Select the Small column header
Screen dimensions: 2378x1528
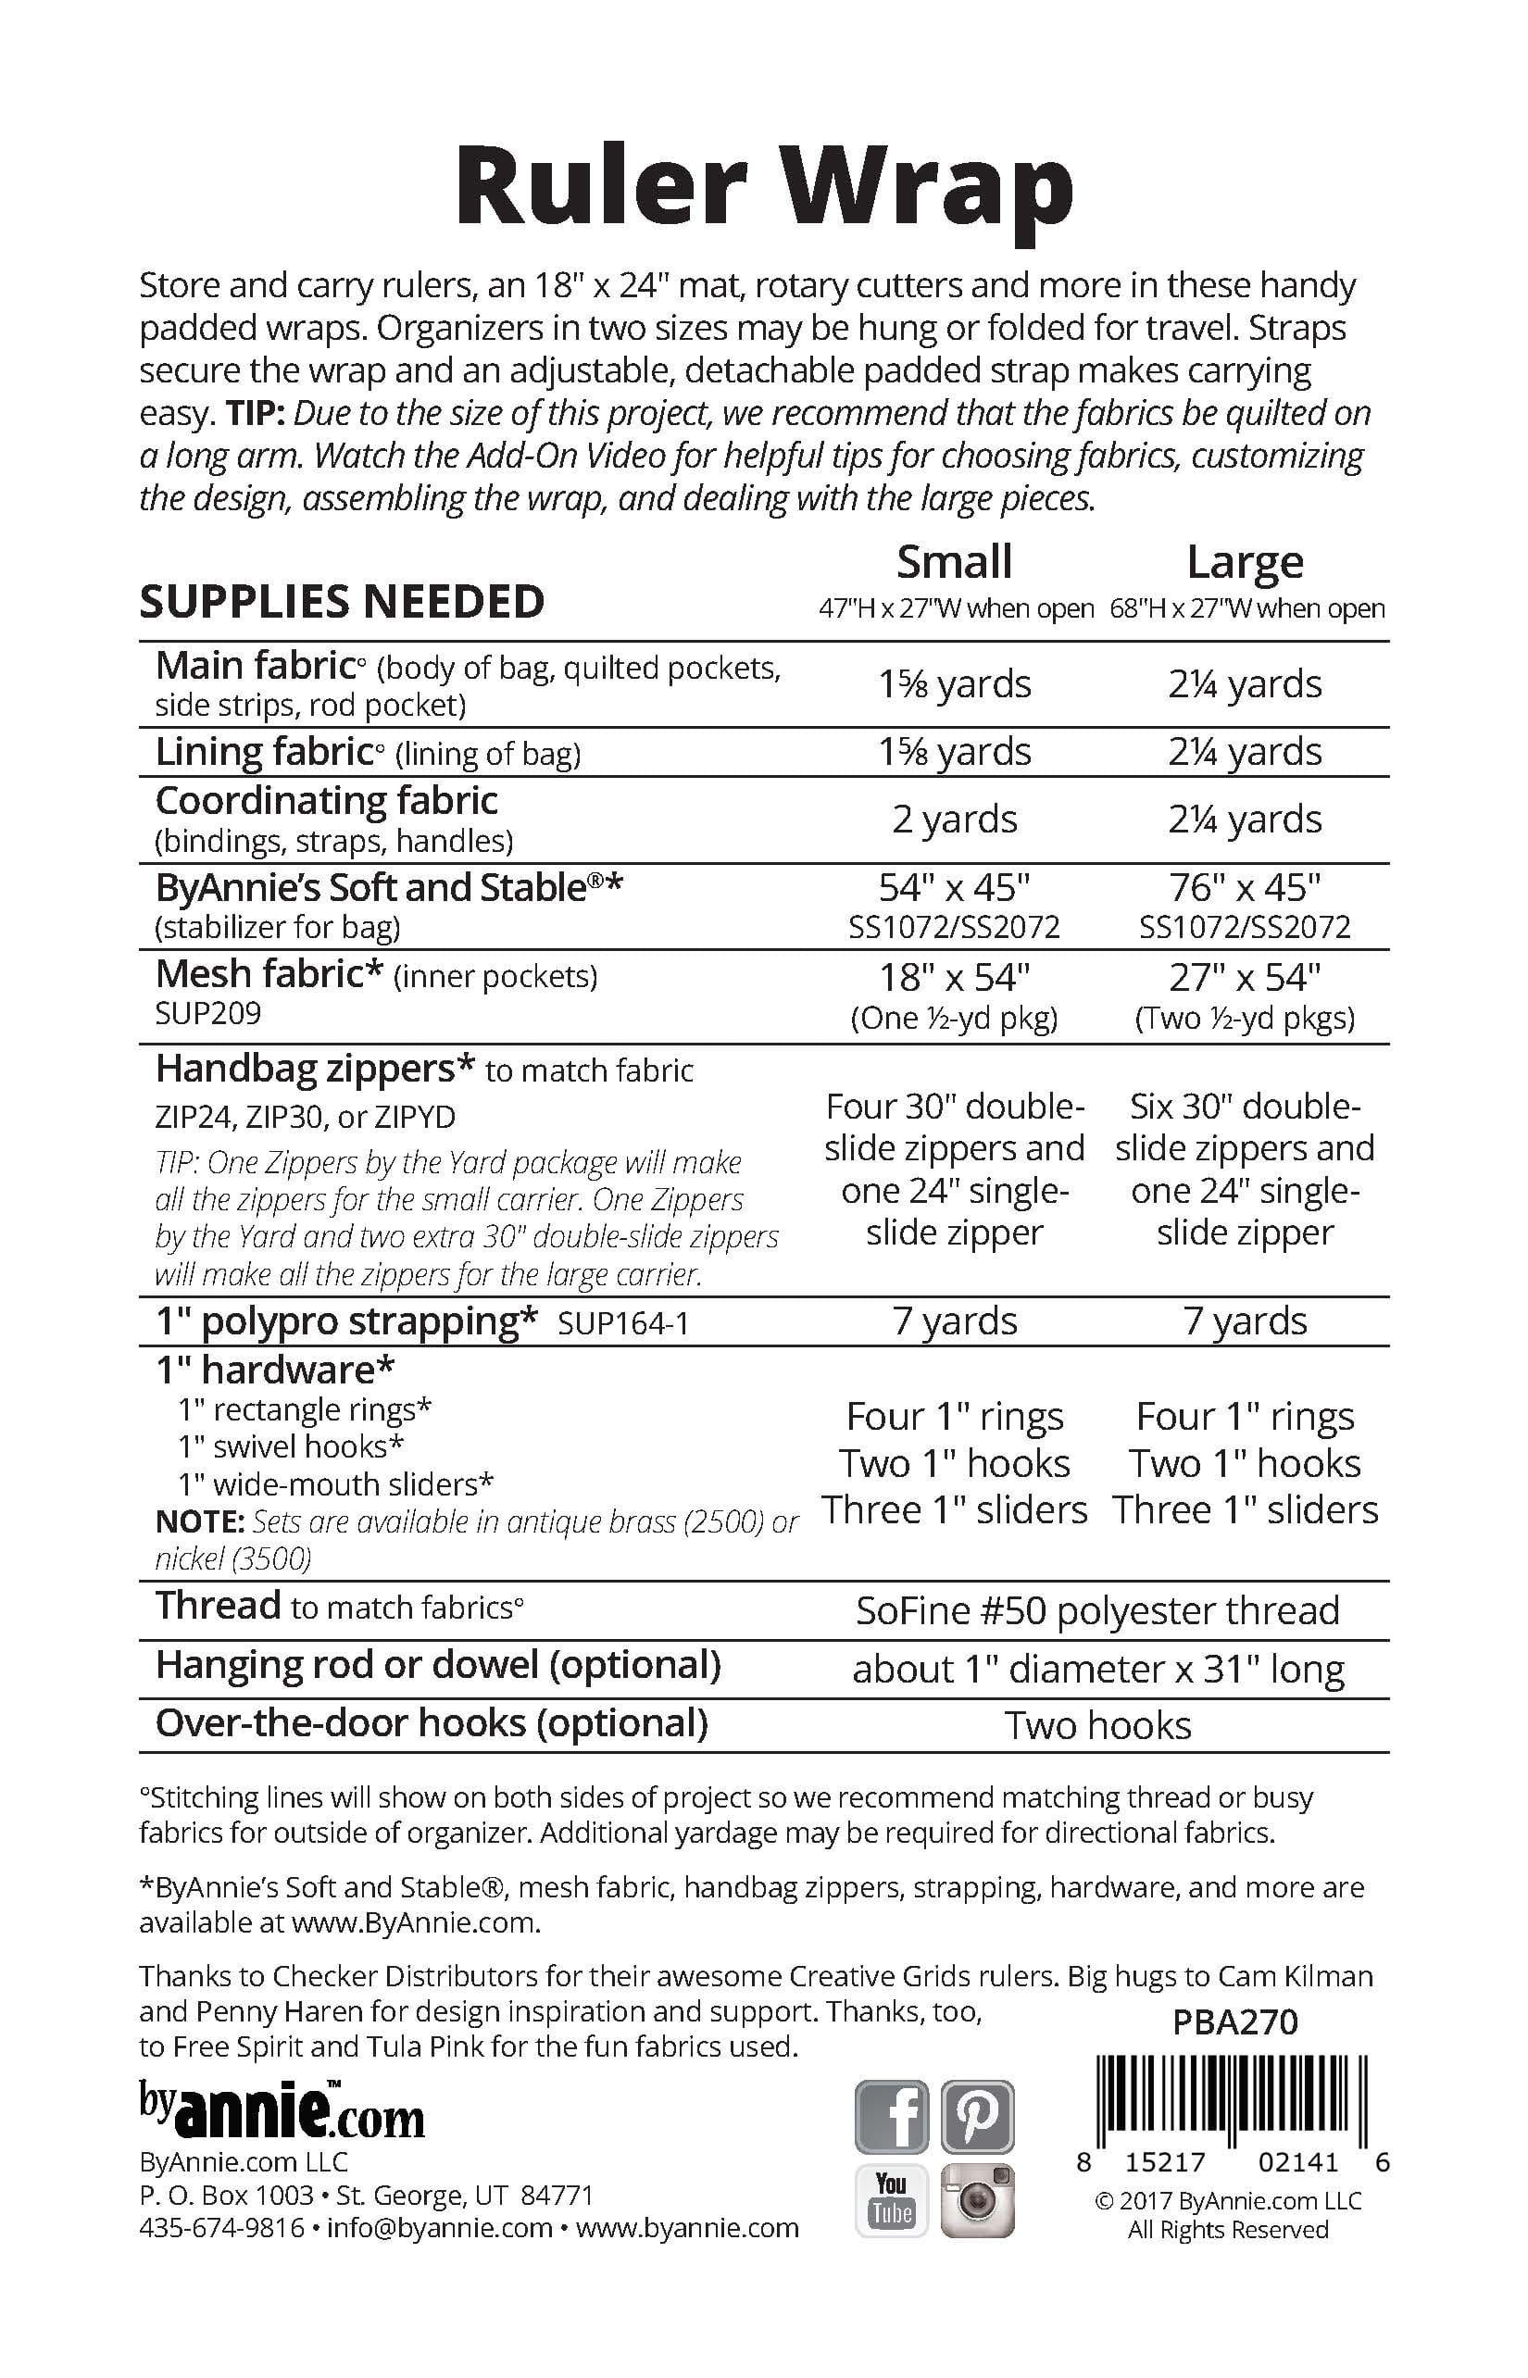tap(955, 562)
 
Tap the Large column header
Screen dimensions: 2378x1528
tap(1246, 562)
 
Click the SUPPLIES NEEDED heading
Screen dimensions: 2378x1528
tap(343, 602)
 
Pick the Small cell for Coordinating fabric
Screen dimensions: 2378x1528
tap(955, 820)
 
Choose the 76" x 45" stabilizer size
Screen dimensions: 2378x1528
tap(1246, 888)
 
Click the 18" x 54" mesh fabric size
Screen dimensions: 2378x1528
tap(955, 978)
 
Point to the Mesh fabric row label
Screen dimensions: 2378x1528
tap(269, 975)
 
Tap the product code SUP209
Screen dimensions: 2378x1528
tap(208, 1013)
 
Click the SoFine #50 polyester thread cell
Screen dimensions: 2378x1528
tap(1097, 1610)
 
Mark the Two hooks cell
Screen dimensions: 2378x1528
tap(1097, 1725)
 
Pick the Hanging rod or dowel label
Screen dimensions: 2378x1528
tap(437, 1665)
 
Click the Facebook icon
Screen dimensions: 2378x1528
tap(892, 2116)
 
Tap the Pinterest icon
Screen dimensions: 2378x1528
tap(977, 2116)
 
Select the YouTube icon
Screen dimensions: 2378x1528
tap(892, 2199)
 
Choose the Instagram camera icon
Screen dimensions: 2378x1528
tap(977, 2199)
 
